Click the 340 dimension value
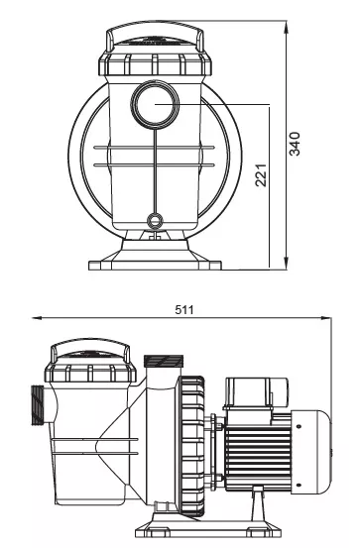(295, 144)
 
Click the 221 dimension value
(261, 174)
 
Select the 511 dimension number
(184, 309)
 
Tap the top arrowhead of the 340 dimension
(287, 27)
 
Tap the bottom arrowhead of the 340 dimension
(287, 264)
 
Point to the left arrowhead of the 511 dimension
(37, 318)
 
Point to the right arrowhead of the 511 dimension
(326, 318)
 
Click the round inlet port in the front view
(155, 104)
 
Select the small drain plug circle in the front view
(155, 220)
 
